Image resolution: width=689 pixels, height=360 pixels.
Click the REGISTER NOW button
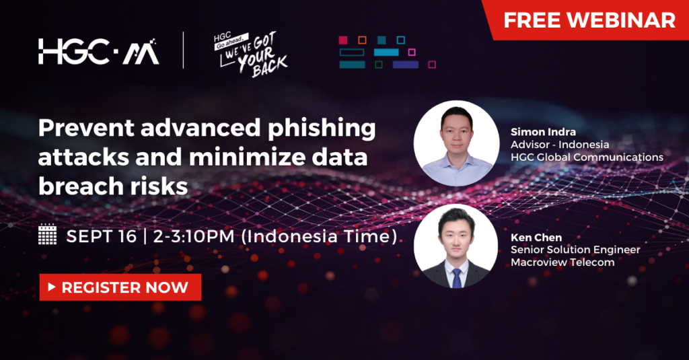pos(120,287)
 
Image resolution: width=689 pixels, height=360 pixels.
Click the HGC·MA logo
pos(99,52)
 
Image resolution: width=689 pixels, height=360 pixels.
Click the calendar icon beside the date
pos(48,236)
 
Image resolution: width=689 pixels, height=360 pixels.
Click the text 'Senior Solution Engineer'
pos(575,250)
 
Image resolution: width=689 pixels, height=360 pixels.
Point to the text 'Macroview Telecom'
pos(563,262)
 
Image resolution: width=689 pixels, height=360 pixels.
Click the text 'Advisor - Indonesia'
pos(560,144)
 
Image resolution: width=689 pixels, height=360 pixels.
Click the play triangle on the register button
pos(51,288)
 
